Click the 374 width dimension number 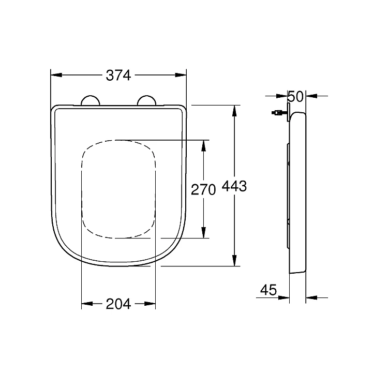coord(118,76)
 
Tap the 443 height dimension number coord(234,186)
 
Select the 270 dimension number coord(203,190)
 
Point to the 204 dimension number coord(118,304)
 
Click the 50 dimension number coord(295,97)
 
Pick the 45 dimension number coord(268,290)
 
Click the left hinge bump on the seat coord(91,100)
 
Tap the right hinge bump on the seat coord(147,100)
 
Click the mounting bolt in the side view coord(279,113)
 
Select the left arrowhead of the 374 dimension coord(56,75)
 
